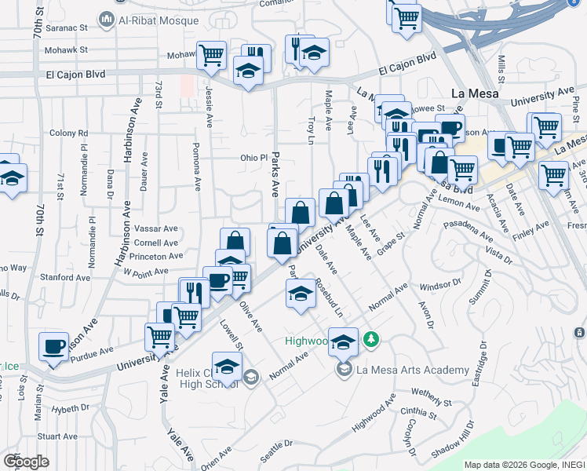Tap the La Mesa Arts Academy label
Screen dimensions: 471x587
413,370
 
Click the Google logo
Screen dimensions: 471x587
25,461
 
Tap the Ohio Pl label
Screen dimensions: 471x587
253,158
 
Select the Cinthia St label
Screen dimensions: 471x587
417,412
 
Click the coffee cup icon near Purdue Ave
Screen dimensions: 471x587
54,346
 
